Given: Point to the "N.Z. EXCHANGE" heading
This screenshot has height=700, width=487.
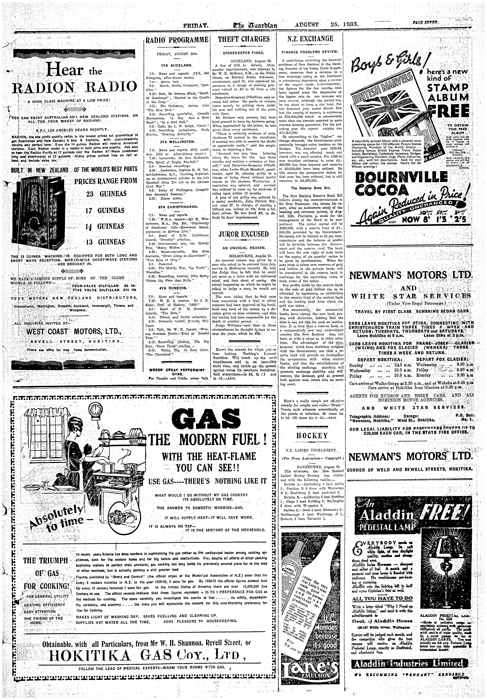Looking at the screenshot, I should [310, 39].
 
